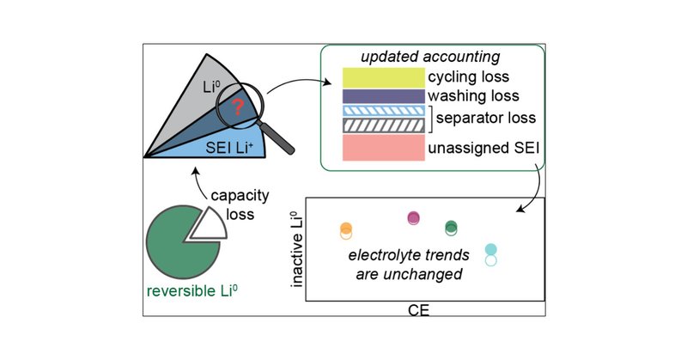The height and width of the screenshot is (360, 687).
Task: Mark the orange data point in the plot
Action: pyautogui.click(x=346, y=229)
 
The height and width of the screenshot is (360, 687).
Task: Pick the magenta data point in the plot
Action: pyautogui.click(x=413, y=217)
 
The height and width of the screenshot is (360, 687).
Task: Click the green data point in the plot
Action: pyautogui.click(x=452, y=227)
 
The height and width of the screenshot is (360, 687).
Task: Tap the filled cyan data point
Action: pyautogui.click(x=491, y=250)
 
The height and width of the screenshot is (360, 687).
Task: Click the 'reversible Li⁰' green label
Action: pyautogui.click(x=193, y=302)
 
